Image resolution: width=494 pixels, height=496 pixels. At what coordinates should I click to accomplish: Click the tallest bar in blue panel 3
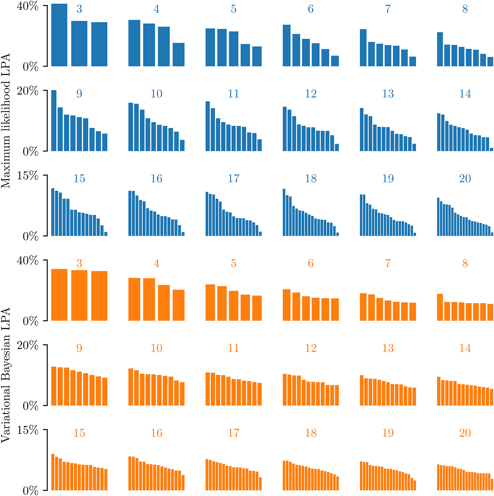(59, 35)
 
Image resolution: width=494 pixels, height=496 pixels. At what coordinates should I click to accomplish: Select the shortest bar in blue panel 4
(178, 55)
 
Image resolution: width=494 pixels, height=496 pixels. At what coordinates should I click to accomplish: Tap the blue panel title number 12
(311, 94)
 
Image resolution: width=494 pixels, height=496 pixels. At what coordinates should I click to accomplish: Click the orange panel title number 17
(234, 433)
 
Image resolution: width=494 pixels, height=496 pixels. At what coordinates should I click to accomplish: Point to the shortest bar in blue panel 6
(335, 61)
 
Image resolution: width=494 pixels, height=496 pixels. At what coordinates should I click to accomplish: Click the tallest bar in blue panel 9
(54, 121)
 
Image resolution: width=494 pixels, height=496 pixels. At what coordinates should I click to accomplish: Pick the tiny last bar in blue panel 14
(492, 149)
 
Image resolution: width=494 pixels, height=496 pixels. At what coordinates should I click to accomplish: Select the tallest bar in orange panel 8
(440, 307)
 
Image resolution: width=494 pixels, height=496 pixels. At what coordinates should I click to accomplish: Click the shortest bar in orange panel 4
(178, 305)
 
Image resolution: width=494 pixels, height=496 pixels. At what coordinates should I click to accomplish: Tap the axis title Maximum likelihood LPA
(6, 121)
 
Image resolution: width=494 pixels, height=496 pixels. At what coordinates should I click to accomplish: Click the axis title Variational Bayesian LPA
(6, 375)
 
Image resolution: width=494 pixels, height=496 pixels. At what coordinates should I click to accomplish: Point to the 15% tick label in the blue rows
(28, 176)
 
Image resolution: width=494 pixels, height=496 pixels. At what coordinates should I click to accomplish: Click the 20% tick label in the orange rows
(28, 345)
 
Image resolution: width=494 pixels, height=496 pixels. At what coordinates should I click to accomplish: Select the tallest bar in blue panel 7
(363, 48)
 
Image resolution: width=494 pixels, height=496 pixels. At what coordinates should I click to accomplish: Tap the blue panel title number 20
(465, 179)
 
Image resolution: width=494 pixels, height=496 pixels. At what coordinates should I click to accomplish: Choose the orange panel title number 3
(79, 263)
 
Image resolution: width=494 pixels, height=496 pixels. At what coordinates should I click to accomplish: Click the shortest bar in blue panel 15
(106, 234)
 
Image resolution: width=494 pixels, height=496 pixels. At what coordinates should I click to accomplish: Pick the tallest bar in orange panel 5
(210, 302)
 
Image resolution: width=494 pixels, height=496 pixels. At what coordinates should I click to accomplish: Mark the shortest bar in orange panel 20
(492, 485)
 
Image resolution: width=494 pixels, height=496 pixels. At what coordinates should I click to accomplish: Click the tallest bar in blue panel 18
(284, 212)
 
